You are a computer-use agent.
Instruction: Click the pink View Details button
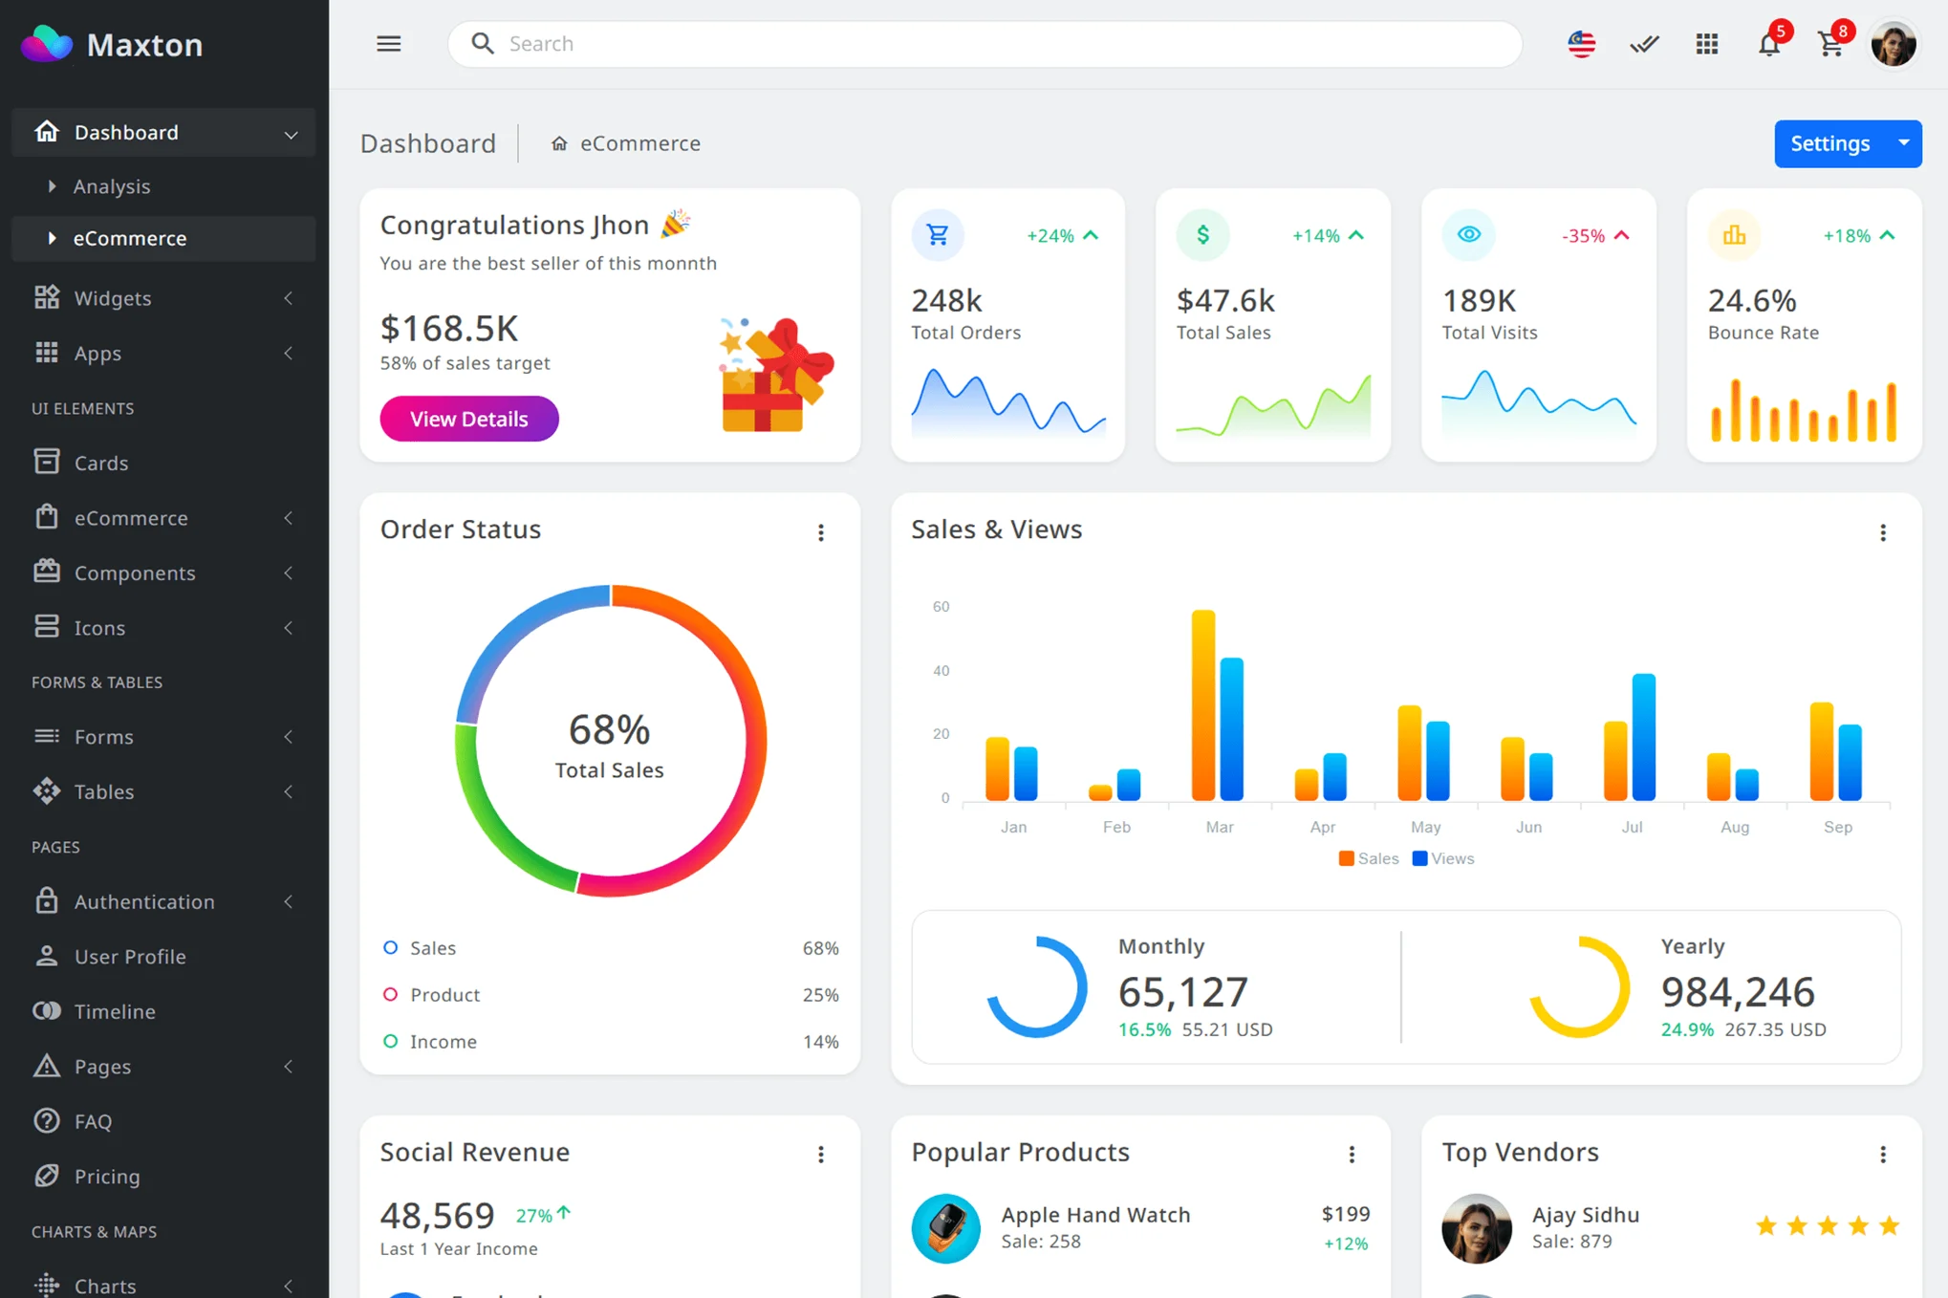(x=468, y=419)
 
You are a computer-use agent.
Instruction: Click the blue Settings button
(x=1829, y=143)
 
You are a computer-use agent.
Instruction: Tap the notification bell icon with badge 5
(x=1768, y=44)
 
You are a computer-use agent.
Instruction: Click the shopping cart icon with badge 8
(x=1830, y=44)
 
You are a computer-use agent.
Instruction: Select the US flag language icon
(x=1581, y=44)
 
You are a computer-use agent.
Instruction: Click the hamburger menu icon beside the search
(x=388, y=44)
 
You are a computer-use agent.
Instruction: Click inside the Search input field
(x=985, y=44)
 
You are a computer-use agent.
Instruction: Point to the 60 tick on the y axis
(x=941, y=606)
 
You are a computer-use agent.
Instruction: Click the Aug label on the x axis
(x=1734, y=827)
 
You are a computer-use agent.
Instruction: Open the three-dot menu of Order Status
(x=821, y=532)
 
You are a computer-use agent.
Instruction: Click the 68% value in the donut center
(x=609, y=730)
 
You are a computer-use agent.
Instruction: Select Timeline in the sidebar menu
(x=115, y=1011)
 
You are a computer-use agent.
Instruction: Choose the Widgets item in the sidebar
(x=113, y=298)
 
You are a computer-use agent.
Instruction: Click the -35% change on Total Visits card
(x=1583, y=235)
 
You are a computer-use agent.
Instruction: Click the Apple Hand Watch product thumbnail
(x=945, y=1228)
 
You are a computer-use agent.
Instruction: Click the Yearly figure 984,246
(x=1737, y=992)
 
